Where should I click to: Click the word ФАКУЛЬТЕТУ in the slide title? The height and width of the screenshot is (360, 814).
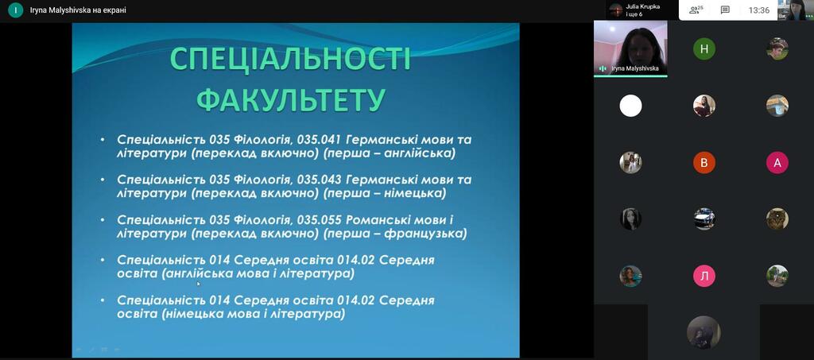(290, 99)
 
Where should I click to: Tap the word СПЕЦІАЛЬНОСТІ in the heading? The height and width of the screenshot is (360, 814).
(290, 59)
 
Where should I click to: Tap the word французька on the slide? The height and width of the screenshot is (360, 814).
(425, 234)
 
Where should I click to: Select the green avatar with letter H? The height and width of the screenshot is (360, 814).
(704, 49)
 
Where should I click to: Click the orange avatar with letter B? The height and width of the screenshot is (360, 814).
(704, 163)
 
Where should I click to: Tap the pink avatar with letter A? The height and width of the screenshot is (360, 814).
(777, 163)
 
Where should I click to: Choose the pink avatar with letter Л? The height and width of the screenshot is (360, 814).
(704, 277)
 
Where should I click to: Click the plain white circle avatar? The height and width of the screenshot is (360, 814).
(630, 106)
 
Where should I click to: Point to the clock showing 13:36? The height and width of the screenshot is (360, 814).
(758, 10)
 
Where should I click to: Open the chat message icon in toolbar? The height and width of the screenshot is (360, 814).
(725, 10)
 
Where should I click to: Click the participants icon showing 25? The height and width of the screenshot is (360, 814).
(696, 10)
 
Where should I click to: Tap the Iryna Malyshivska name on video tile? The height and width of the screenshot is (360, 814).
(635, 68)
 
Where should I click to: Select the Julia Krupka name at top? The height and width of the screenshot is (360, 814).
(642, 6)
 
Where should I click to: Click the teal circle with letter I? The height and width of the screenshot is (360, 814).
(16, 10)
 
